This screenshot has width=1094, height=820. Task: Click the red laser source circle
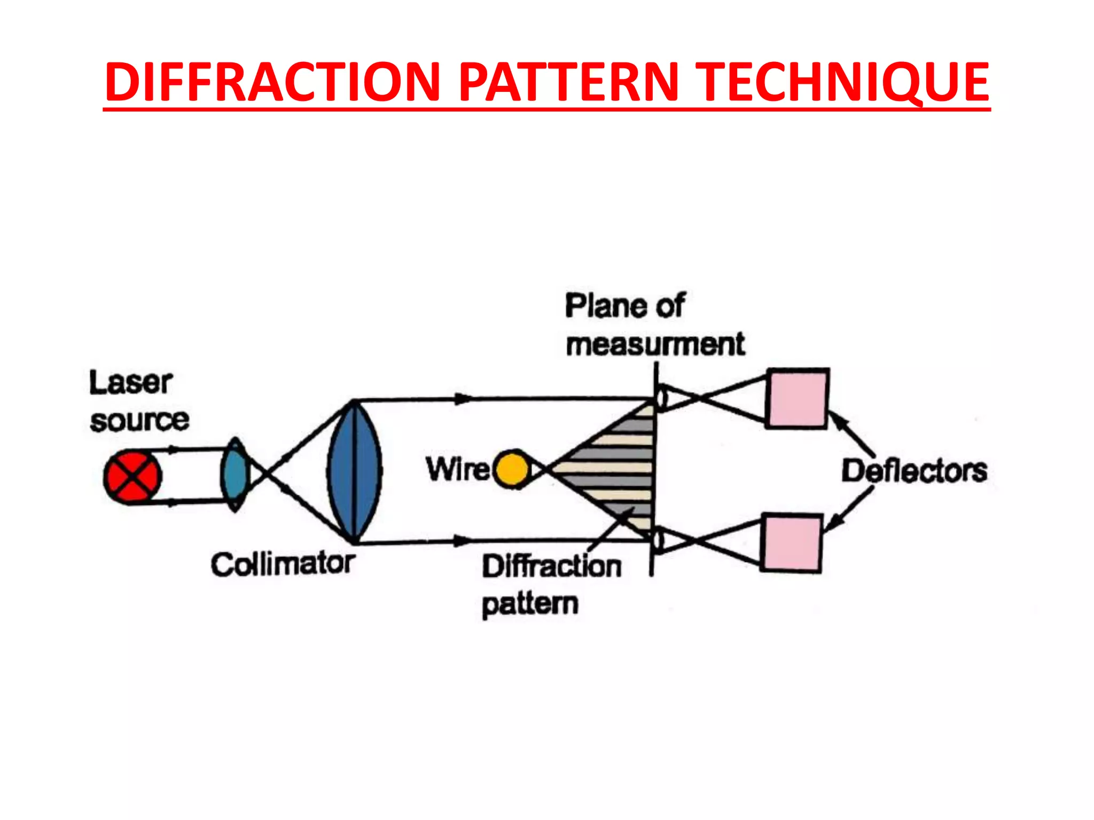[x=132, y=477]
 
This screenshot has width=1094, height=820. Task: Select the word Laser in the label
[x=130, y=383]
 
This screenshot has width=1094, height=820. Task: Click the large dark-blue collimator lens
[x=354, y=471]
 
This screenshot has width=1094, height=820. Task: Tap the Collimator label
[x=283, y=564]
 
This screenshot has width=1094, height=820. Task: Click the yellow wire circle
[x=512, y=469]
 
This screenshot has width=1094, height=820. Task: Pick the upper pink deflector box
[x=797, y=398]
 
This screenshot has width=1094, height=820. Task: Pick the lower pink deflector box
[x=791, y=543]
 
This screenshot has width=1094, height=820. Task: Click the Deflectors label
[x=914, y=471]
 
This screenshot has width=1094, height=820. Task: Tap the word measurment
[x=655, y=344]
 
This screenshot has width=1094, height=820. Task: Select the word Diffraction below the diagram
[x=552, y=566]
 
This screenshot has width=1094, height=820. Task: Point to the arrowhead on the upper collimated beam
[x=464, y=399]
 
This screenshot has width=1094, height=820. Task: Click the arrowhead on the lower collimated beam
[x=463, y=541]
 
